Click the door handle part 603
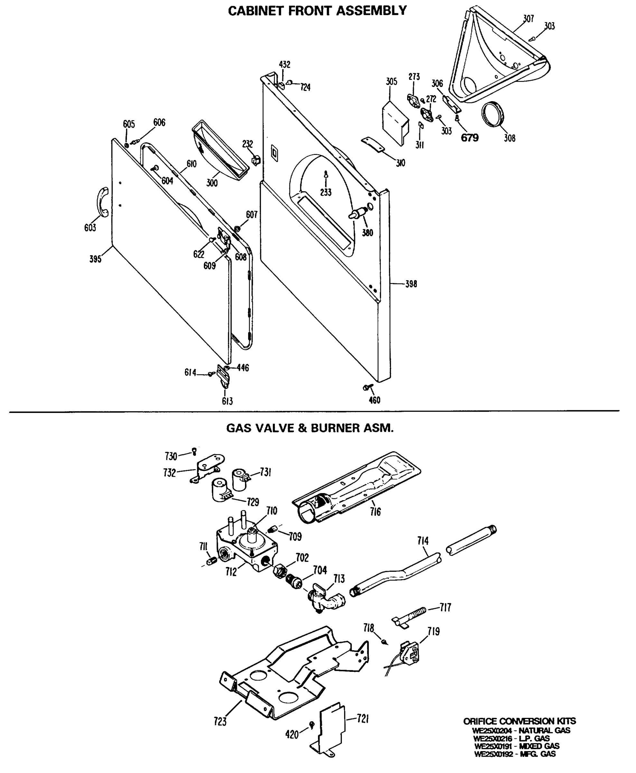[x=101, y=202]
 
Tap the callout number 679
[x=469, y=138]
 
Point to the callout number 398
[x=411, y=284]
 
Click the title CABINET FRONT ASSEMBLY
[x=317, y=11]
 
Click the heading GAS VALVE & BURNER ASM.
[x=310, y=428]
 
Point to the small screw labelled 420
[x=312, y=724]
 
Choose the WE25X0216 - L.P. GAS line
[x=511, y=738]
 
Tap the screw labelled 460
[x=368, y=387]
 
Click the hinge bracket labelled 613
[x=223, y=377]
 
